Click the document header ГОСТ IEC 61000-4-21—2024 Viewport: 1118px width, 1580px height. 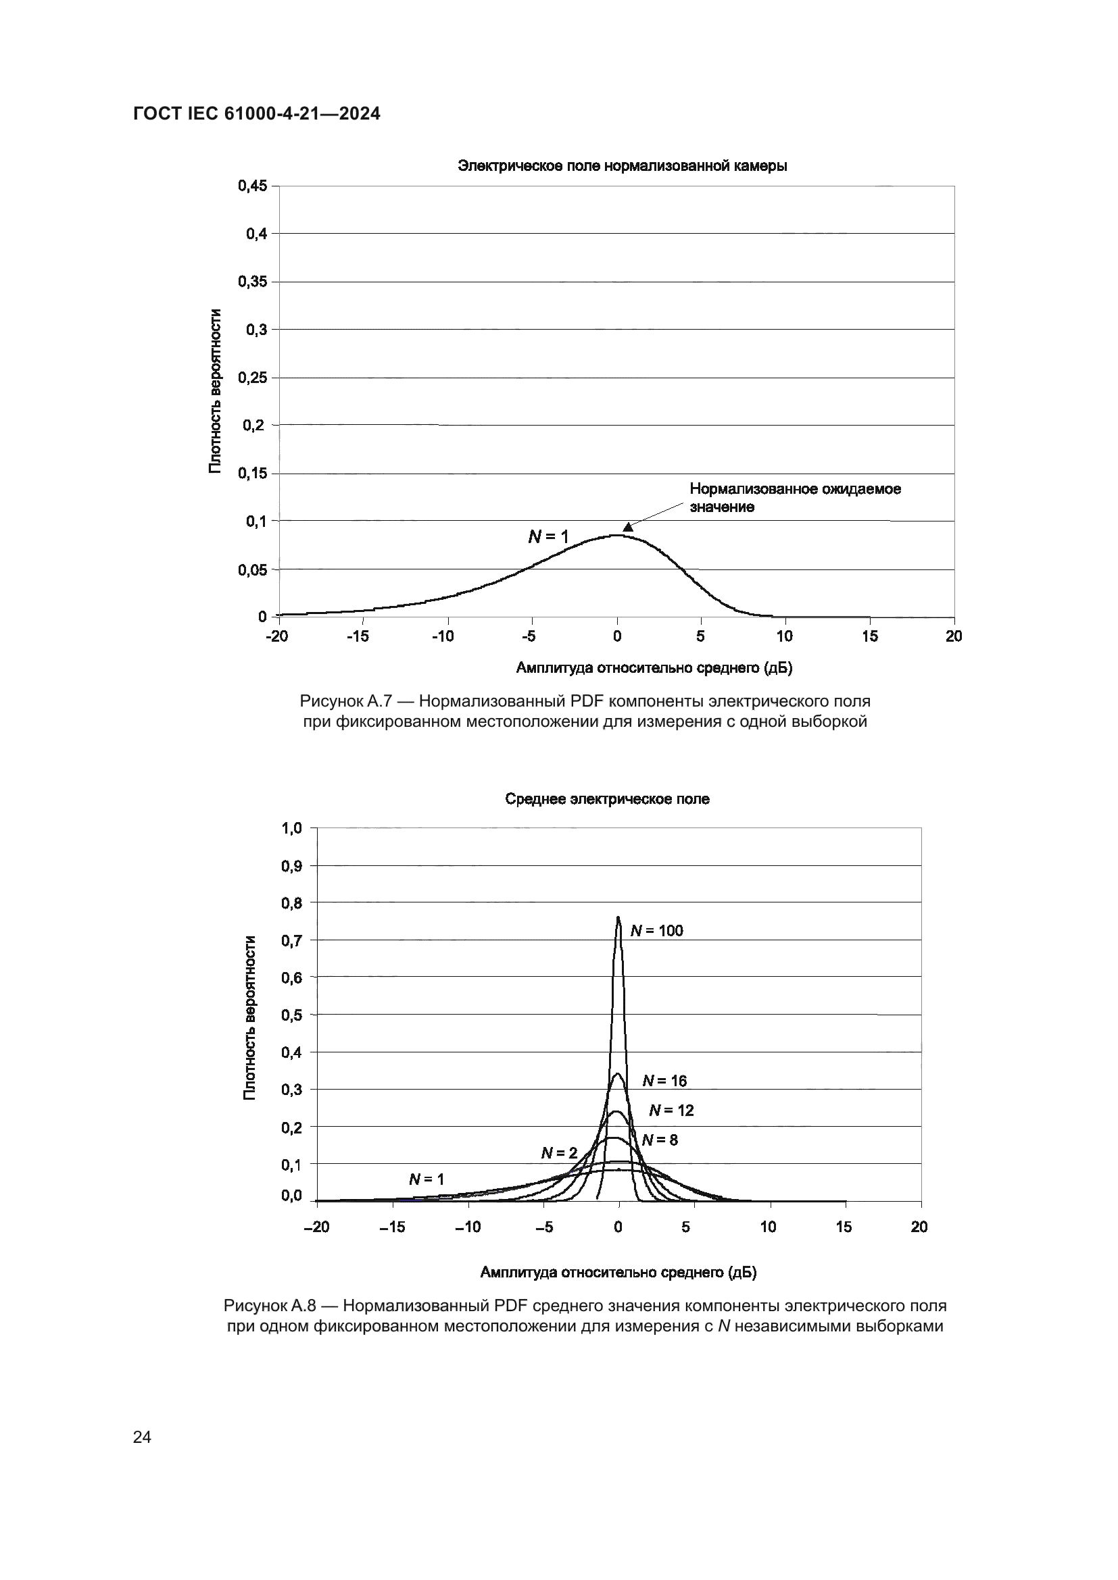pos(256,114)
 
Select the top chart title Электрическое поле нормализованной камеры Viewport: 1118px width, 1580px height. pos(623,166)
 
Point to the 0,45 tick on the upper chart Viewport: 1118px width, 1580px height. pos(252,186)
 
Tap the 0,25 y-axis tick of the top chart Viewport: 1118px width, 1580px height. pos(252,378)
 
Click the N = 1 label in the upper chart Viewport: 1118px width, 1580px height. pos(548,537)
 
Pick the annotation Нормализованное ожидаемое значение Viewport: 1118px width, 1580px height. pos(794,498)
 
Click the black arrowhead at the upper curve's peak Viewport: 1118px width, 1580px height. pos(628,527)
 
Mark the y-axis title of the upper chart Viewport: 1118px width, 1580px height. pos(216,391)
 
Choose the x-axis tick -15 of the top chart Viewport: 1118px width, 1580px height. pos(358,636)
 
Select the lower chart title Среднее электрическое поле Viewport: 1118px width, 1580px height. pos(606,799)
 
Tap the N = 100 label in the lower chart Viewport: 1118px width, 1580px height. pos(657,931)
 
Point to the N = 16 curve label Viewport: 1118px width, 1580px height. pos(664,1081)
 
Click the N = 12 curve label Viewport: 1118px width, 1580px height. pos(671,1110)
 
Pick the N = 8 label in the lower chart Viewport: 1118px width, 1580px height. pos(660,1140)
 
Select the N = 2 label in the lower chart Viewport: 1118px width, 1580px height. pos(559,1153)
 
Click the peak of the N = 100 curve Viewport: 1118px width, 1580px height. pos(618,917)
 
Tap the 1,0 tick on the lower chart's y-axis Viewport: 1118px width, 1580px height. pos(291,828)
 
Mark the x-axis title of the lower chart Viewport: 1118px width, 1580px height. pos(618,1273)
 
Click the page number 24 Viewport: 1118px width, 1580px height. pos(143,1437)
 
